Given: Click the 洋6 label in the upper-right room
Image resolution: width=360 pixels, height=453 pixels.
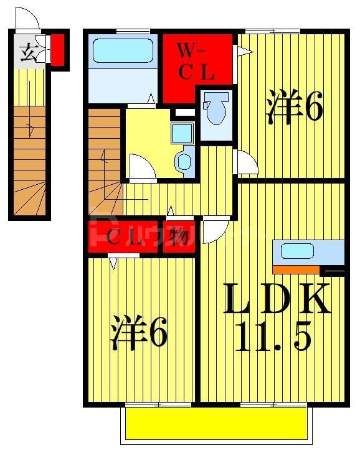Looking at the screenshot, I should (x=295, y=106).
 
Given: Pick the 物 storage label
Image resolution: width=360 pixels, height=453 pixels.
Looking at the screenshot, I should (x=180, y=236).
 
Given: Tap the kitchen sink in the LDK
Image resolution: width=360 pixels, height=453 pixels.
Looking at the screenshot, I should (x=297, y=251).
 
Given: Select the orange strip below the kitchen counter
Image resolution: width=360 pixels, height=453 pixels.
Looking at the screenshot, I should (x=295, y=269).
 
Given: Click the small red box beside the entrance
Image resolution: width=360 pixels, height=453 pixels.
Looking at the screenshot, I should (x=57, y=50).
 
